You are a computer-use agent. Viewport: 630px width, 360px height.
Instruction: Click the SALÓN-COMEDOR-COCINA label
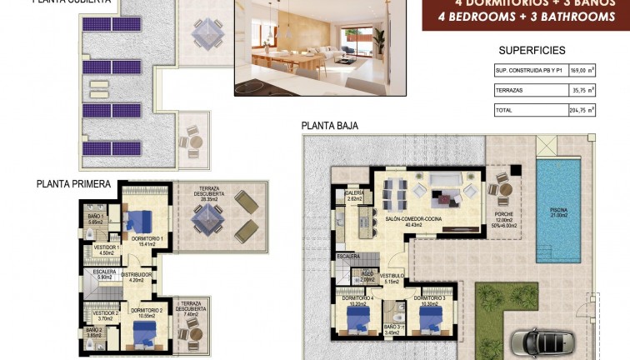[x=413, y=220]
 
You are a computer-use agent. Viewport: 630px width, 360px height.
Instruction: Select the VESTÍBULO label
[x=392, y=275]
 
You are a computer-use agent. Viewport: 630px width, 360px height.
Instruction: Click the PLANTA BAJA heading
[x=330, y=126]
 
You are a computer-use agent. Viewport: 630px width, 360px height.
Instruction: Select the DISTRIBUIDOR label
[x=137, y=274]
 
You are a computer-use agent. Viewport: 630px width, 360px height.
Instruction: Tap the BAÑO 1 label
[x=94, y=217]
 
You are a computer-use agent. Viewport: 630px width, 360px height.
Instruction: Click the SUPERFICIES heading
[x=531, y=51]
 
